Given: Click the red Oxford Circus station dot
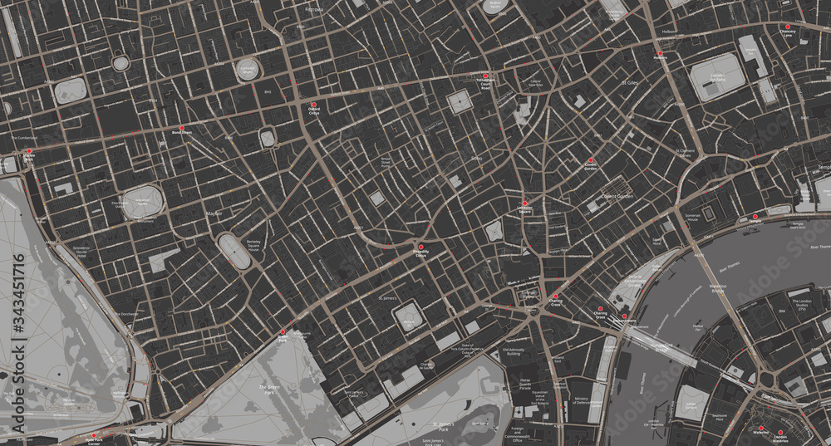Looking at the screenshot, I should (314, 105).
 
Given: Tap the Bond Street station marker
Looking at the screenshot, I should (182, 128).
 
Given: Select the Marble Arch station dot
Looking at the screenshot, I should (29, 151).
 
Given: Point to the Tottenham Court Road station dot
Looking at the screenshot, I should (485, 77).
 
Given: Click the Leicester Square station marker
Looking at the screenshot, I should (524, 203).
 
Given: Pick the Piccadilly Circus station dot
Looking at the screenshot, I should (420, 247).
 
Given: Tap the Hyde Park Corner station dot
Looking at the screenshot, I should (95, 434).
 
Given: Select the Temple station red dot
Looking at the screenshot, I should (755, 217).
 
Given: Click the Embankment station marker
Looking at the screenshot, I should (624, 316).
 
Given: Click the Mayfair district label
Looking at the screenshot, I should (214, 213).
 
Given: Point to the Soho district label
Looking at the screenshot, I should (477, 158).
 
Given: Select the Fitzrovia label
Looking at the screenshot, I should (313, 9).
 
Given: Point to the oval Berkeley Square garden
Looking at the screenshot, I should (234, 250).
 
